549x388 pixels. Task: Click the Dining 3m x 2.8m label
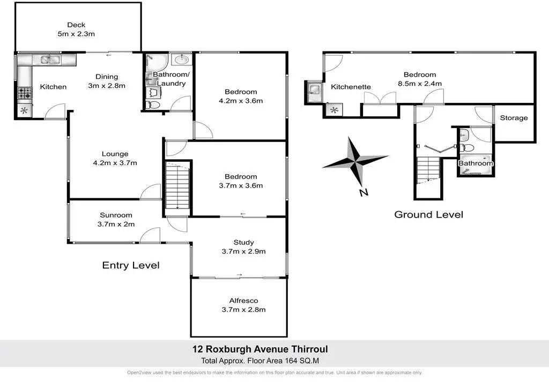106,81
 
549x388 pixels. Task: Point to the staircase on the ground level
427,170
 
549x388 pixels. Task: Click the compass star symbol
355,159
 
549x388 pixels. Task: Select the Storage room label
514,118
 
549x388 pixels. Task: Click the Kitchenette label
351,87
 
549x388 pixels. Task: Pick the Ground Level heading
428,215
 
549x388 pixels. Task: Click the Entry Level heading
131,265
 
